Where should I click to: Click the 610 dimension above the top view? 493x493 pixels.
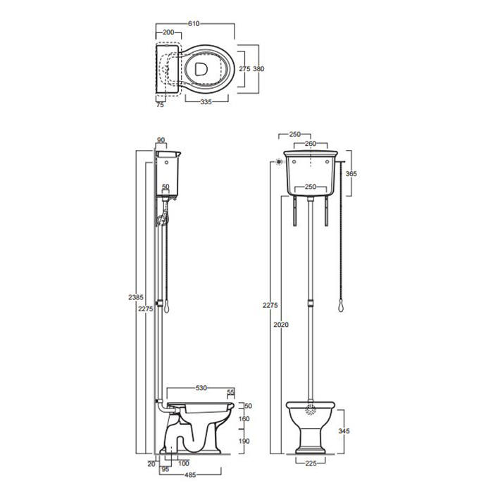click(194, 23)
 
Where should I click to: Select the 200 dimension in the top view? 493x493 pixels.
click(168, 32)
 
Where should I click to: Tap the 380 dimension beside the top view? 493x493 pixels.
click(258, 68)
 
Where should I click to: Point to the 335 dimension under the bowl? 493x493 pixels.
click(206, 102)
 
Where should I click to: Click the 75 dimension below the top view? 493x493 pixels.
click(160, 105)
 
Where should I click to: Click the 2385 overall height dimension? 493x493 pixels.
click(136, 297)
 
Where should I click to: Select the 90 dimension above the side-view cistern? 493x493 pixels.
click(161, 140)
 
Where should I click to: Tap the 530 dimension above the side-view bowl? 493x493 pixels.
click(201, 388)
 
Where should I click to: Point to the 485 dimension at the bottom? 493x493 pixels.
click(190, 475)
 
